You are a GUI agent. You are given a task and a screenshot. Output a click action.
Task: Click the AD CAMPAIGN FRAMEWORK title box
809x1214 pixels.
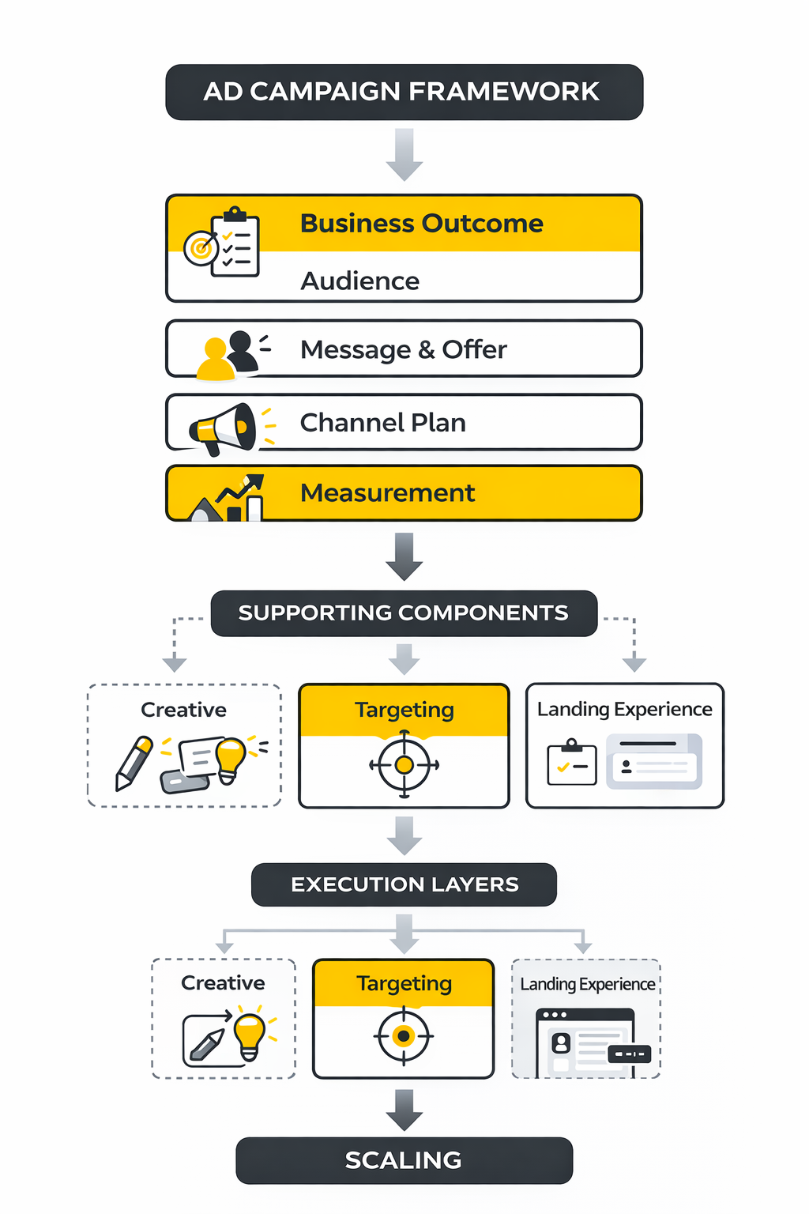click(x=404, y=92)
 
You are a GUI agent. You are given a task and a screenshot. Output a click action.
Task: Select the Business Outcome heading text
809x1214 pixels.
click(x=421, y=224)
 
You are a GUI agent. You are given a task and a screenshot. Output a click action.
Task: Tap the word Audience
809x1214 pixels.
click(x=359, y=281)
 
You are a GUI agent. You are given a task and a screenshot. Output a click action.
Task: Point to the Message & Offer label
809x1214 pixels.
click(x=403, y=349)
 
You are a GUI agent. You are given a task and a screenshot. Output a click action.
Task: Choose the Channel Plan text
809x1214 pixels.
click(x=382, y=423)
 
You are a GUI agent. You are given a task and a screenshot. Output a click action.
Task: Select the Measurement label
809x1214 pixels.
click(x=387, y=493)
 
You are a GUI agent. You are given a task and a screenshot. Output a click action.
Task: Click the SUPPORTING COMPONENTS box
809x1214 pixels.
click(x=404, y=613)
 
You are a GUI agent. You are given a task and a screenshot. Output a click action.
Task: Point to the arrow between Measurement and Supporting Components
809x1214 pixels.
click(x=404, y=556)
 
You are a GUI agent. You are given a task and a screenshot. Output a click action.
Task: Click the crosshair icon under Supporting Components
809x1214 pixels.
click(x=404, y=765)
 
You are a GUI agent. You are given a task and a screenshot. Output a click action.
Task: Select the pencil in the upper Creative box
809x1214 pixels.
click(x=134, y=763)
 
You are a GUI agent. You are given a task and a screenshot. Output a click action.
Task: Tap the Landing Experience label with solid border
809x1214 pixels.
click(x=624, y=710)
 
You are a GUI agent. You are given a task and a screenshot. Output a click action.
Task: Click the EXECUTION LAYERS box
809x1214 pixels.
click(x=404, y=884)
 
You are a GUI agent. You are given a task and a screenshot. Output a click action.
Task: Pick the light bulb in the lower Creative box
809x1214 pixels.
click(x=250, y=1034)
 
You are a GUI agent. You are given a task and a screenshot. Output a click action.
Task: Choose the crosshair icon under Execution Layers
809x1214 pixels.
click(x=404, y=1035)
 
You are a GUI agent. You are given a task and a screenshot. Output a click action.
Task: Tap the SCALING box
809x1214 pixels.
click(x=404, y=1160)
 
